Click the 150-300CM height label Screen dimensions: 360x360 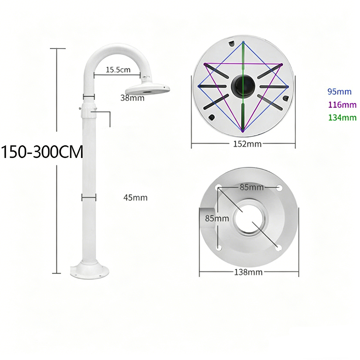[x=42, y=152]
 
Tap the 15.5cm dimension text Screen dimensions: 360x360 [x=118, y=69]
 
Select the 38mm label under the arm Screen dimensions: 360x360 [x=132, y=98]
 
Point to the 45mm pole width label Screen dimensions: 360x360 [x=135, y=197]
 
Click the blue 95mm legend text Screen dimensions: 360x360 [x=339, y=91]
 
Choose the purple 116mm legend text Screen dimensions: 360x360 [x=342, y=105]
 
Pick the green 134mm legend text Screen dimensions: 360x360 [x=342, y=118]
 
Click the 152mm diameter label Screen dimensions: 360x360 [x=247, y=144]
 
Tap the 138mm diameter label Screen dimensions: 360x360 [x=248, y=272]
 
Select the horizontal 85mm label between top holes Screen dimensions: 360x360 [x=252, y=187]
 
